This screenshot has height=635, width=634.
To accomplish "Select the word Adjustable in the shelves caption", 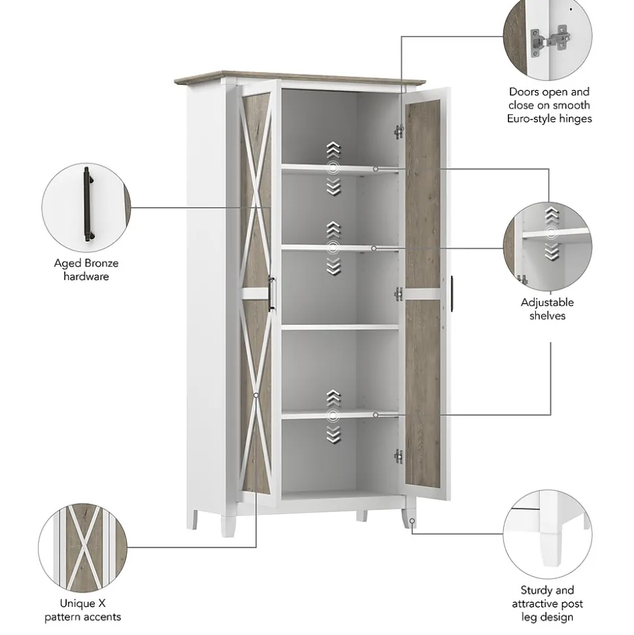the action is coord(547,303).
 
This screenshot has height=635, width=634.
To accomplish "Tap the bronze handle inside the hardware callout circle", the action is coord(88,205).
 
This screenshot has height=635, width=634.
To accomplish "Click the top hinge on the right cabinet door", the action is coord(399,131).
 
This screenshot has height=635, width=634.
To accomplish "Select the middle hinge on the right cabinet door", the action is coord(399,294).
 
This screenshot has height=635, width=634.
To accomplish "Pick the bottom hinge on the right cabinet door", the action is coord(399,456).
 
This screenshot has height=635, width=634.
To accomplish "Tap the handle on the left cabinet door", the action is coord(272,294).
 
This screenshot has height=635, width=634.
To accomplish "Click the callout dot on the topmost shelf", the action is coord(376,169).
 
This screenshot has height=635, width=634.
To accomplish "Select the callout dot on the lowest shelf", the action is coord(376,415).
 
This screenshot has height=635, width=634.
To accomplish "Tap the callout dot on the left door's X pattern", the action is coord(256,395).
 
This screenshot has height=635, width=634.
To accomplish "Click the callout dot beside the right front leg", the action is coord(412,521).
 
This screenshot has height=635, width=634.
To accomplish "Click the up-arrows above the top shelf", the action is coord(333,150).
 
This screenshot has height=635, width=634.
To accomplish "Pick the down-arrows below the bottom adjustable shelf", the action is coord(333,434).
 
